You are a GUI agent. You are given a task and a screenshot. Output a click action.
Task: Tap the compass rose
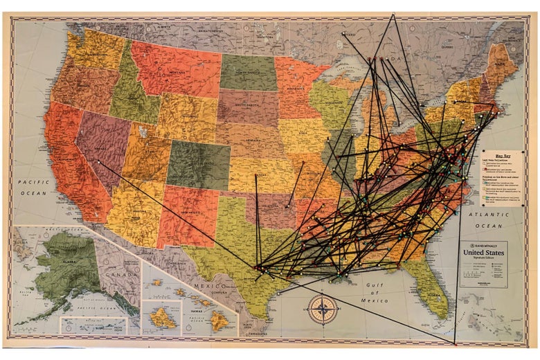323,309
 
